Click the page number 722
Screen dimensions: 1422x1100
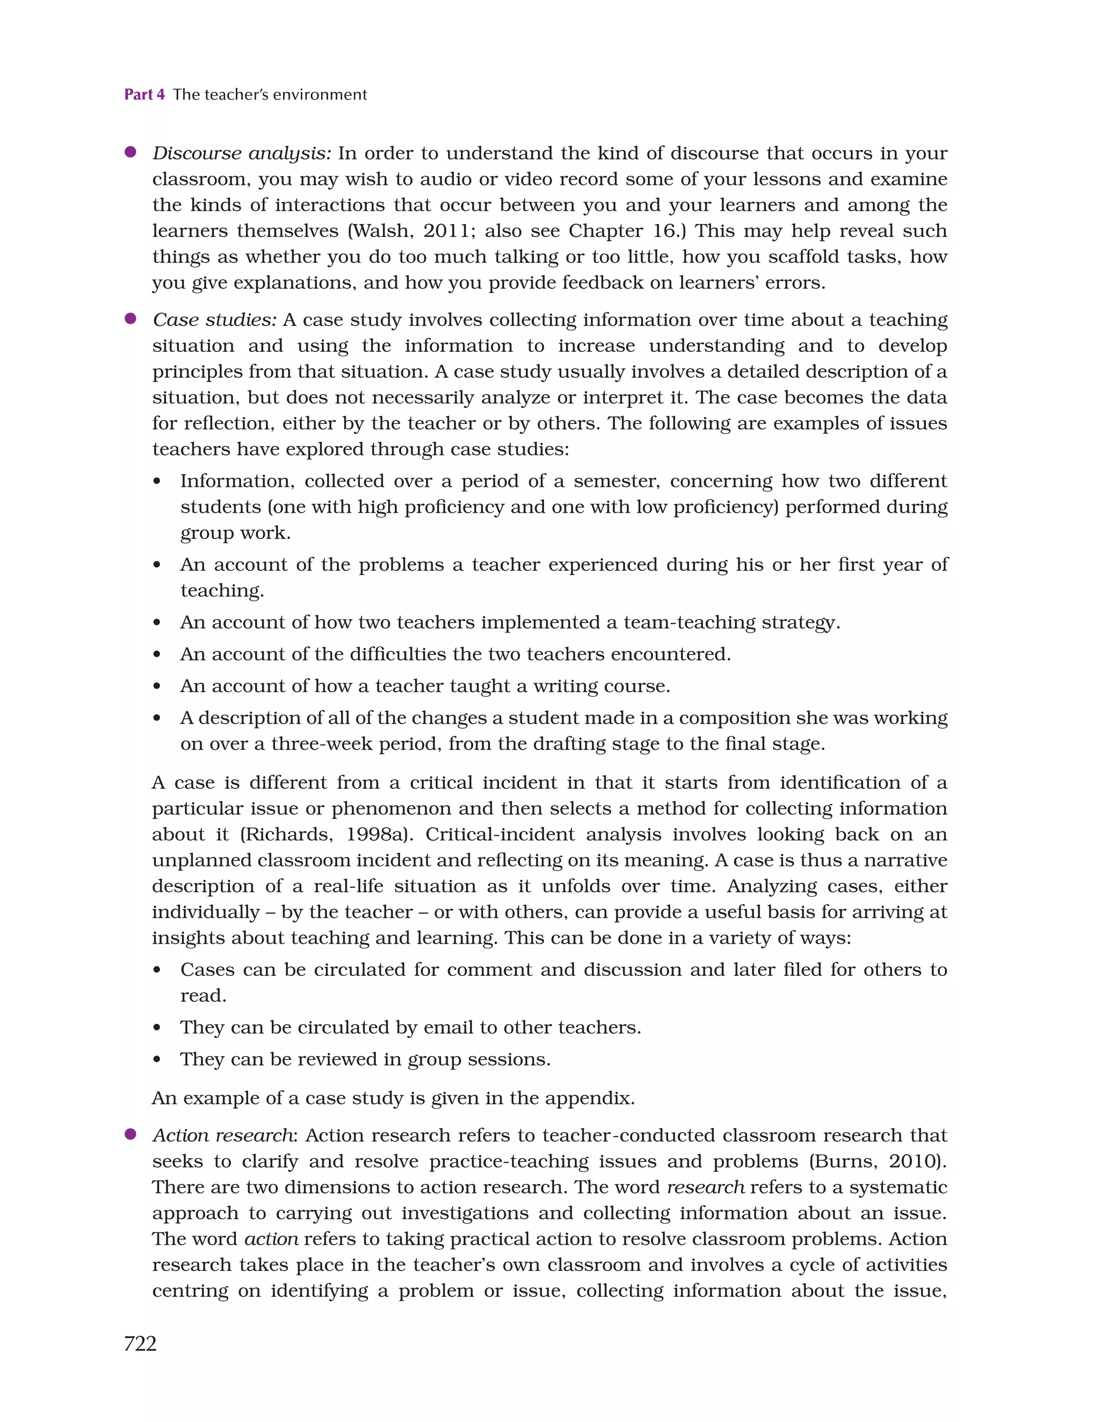[140, 1343]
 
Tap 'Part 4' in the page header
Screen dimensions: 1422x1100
[144, 95]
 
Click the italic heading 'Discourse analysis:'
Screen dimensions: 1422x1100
[242, 154]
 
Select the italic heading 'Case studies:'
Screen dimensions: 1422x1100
[214, 320]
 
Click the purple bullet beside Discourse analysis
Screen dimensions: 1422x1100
[130, 153]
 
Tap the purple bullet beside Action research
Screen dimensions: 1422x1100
[130, 1134]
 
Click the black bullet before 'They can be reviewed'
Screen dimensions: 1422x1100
[157, 1060]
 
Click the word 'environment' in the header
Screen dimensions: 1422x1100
[320, 95]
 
